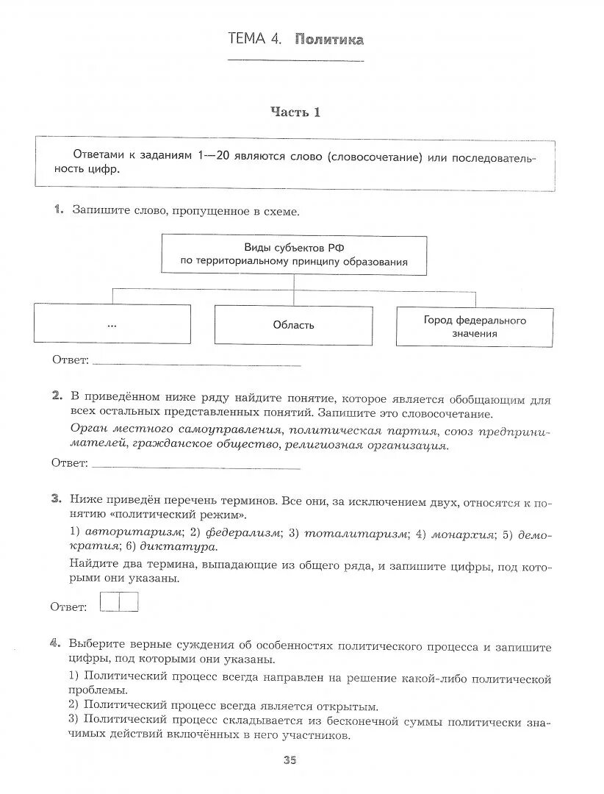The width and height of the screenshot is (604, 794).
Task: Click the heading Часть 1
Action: (295, 112)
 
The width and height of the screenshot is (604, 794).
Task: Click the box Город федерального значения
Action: (475, 326)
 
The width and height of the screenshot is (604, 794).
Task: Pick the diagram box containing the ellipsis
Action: (112, 324)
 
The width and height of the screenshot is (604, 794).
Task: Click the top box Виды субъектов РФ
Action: (294, 255)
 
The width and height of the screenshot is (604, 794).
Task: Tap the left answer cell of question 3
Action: (109, 603)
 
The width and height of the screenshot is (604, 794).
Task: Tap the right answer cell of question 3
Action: (128, 603)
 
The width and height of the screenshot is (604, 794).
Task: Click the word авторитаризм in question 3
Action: (133, 532)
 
